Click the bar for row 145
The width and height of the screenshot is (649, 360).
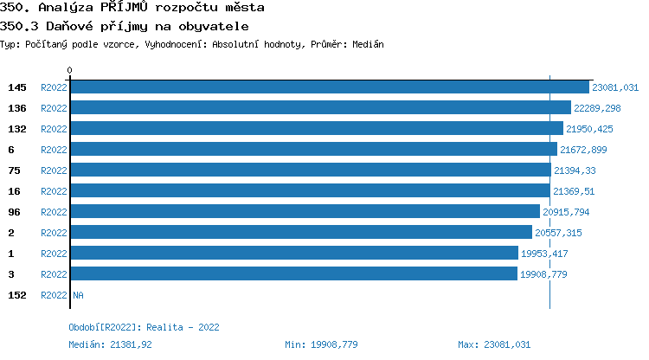click(x=329, y=87)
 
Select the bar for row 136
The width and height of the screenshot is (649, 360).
click(x=320, y=108)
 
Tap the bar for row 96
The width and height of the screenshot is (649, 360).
click(x=305, y=212)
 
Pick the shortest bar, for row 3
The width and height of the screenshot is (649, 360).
click(x=293, y=274)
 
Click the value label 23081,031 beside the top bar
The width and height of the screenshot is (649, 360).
click(x=615, y=87)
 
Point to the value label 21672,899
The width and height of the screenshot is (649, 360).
click(x=583, y=150)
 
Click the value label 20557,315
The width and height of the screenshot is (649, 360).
click(x=558, y=233)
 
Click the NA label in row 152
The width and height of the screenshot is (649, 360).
click(x=78, y=295)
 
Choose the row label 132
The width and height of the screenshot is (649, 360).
click(x=17, y=129)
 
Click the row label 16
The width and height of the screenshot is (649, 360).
click(x=14, y=191)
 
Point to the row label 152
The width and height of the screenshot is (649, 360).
click(x=17, y=295)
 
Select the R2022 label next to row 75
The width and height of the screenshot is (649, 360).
click(x=54, y=170)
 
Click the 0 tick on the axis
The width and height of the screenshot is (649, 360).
click(x=70, y=70)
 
